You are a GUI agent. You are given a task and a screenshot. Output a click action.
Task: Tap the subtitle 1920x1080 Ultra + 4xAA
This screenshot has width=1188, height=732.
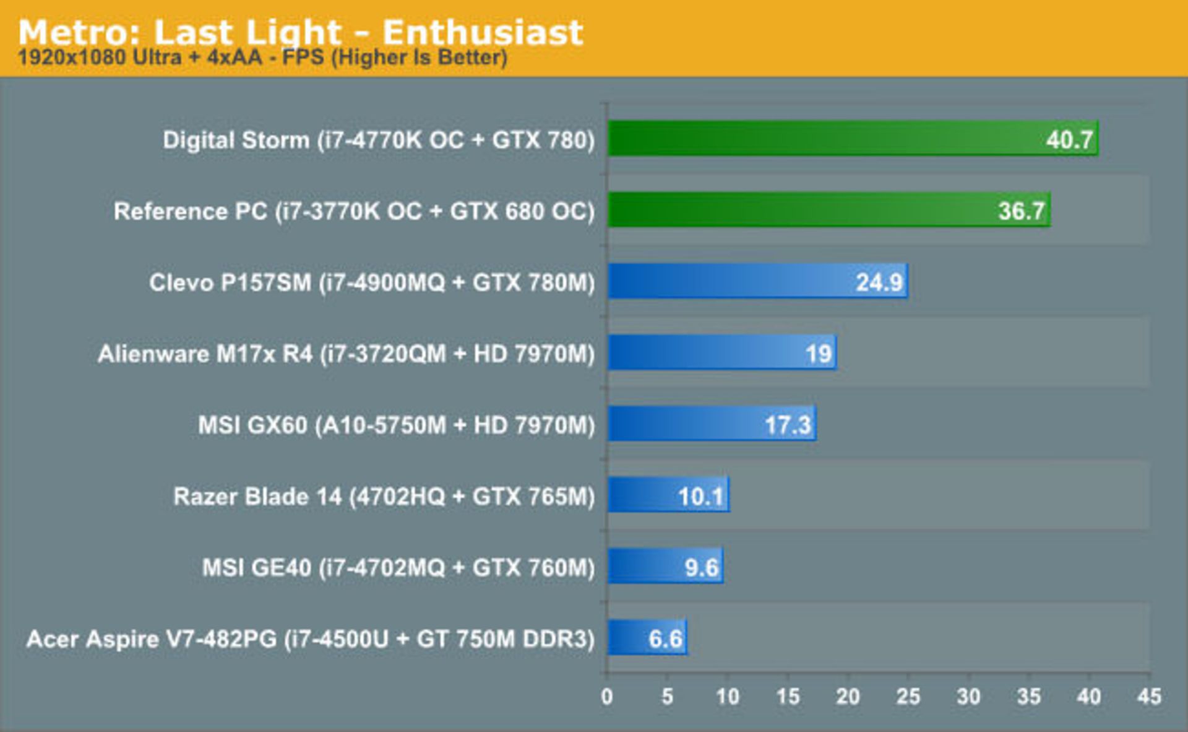point(262,58)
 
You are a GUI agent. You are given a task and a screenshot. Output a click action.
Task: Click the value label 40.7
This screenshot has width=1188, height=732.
point(1069,139)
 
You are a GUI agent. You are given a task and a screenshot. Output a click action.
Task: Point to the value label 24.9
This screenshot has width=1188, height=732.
point(879,282)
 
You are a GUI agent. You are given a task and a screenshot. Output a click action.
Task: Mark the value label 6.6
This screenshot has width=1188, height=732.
point(665,638)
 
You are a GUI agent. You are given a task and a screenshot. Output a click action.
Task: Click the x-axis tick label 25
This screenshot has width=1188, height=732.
point(908,697)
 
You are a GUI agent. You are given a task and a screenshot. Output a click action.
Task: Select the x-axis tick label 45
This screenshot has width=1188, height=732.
point(1149,697)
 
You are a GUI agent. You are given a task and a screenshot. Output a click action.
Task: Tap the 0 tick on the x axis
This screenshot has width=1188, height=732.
point(607,697)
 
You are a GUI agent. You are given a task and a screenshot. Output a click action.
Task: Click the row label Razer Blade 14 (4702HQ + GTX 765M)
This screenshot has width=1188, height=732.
point(384,496)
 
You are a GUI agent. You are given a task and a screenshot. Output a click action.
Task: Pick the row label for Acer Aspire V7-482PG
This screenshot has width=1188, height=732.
point(310,638)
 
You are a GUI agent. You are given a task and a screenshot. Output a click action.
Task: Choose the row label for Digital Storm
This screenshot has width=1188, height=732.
point(378,140)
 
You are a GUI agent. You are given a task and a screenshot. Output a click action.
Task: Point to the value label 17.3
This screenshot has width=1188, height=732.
point(787,425)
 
